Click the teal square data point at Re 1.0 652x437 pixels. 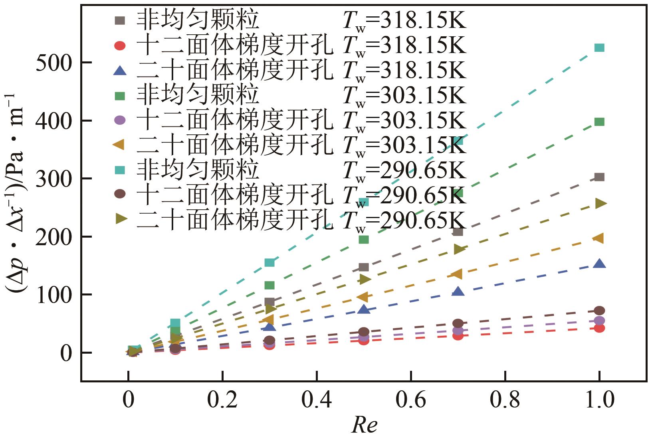[x=599, y=48]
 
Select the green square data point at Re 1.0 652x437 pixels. [x=599, y=122]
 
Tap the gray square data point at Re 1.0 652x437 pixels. [x=599, y=177]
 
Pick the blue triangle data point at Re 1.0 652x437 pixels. [x=599, y=264]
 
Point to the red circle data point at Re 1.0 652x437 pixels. [x=599, y=328]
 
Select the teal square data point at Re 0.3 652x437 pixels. [x=270, y=262]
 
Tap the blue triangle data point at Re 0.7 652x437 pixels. [x=458, y=292]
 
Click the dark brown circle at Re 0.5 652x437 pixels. [x=364, y=332]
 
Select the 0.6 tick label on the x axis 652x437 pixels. [x=411, y=400]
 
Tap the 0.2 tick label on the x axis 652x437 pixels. [x=222, y=400]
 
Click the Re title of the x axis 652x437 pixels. [x=364, y=425]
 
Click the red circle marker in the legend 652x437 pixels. [x=120, y=46]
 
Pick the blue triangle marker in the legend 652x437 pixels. [x=120, y=71]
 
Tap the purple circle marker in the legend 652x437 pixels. [x=120, y=120]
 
